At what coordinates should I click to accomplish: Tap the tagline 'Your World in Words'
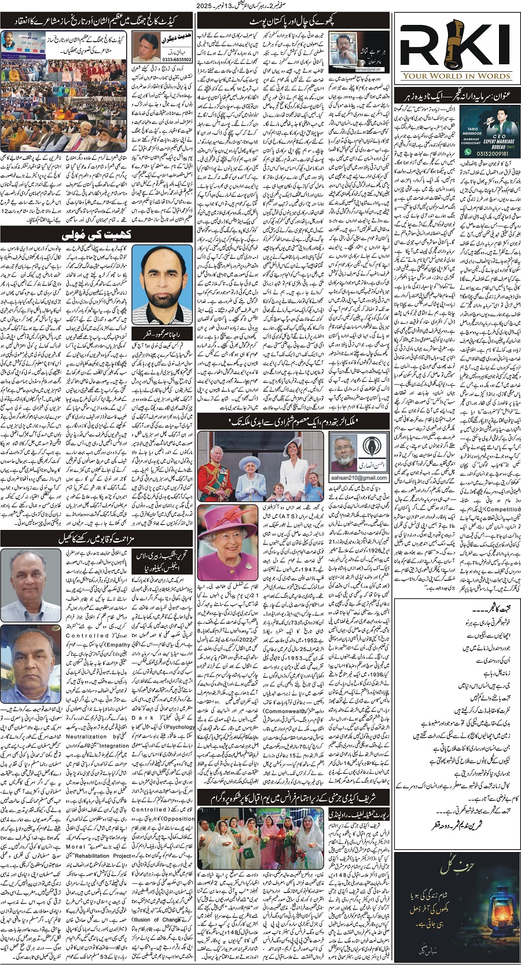point(456,75)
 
